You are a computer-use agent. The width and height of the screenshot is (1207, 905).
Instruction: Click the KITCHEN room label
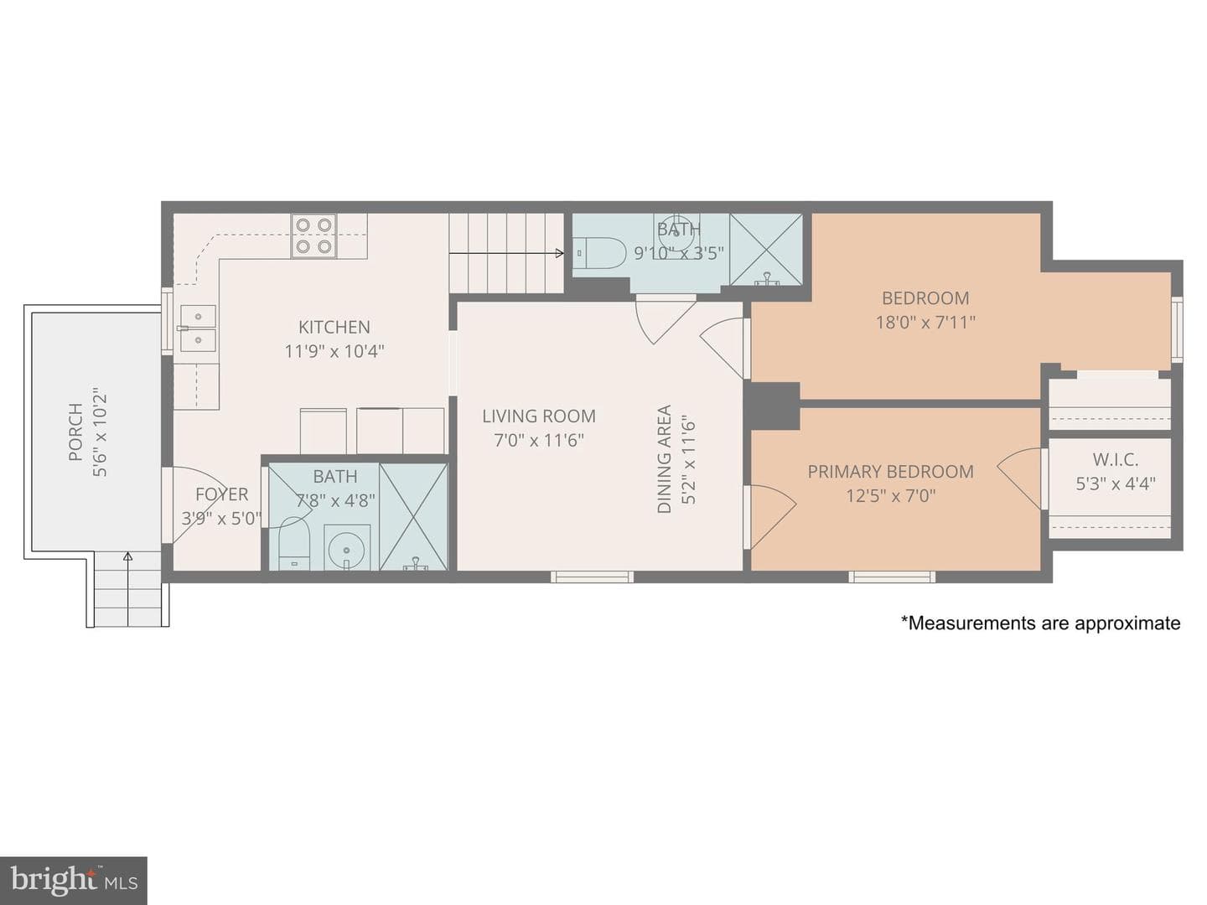[x=334, y=327]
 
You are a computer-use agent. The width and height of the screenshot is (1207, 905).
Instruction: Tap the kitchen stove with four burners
[x=313, y=235]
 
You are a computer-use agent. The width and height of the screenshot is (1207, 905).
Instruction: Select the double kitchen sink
[x=198, y=328]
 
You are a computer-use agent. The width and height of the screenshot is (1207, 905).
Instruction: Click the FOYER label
[x=221, y=494]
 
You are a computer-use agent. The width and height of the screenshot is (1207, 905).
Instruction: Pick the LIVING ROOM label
[x=539, y=416]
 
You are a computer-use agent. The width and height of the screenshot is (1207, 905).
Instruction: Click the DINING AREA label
[x=665, y=459]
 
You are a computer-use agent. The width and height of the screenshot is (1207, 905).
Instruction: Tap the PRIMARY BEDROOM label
[x=890, y=472]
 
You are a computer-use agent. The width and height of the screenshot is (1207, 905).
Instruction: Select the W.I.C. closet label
[x=1115, y=459]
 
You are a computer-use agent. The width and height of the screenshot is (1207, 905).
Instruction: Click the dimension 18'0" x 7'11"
[x=925, y=322]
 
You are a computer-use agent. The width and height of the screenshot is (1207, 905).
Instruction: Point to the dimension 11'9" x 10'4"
[x=334, y=351]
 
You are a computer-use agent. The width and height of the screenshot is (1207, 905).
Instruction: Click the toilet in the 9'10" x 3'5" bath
[x=598, y=253]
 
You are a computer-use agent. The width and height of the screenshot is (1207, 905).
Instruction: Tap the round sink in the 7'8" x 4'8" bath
[x=347, y=548]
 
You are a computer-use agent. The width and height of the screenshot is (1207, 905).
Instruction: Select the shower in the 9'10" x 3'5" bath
[x=766, y=250]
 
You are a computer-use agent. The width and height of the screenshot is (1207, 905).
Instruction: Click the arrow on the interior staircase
[x=506, y=253]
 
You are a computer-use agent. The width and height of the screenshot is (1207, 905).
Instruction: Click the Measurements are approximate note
[x=1040, y=623]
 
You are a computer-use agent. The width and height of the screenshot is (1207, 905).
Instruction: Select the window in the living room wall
[x=593, y=577]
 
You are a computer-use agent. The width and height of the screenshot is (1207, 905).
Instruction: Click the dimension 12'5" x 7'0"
[x=890, y=496]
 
